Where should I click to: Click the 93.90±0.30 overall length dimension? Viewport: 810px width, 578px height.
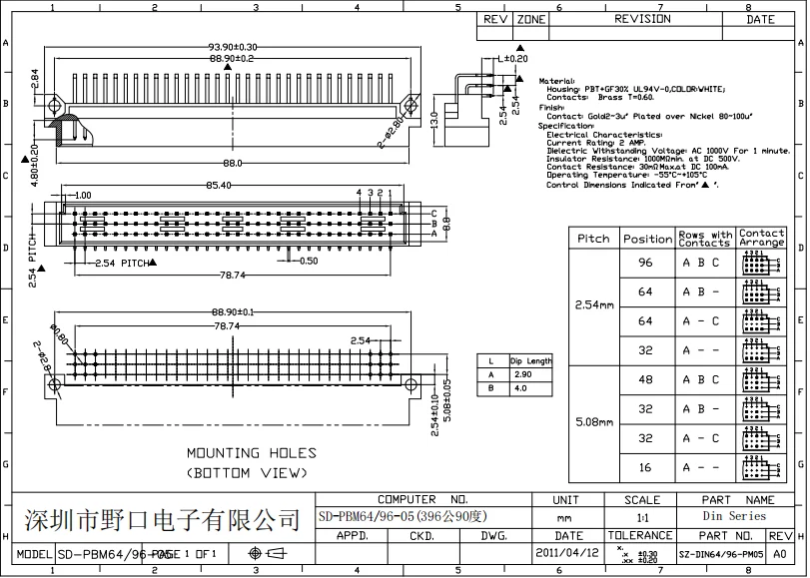[232, 47]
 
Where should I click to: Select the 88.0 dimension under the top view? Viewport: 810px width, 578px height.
[232, 163]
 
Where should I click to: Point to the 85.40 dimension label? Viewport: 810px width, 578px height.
[219, 185]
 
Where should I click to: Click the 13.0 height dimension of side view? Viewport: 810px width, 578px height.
[434, 121]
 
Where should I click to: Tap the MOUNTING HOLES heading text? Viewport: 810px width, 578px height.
[251, 453]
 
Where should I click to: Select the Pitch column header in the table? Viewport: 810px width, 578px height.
[593, 239]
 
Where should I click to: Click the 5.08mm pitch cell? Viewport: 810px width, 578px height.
[593, 422]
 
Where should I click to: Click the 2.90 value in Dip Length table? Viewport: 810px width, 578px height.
[521, 373]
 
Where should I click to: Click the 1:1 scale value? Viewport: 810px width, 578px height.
[641, 517]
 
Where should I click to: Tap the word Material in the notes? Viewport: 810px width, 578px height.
[556, 80]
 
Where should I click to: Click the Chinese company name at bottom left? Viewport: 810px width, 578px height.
[161, 519]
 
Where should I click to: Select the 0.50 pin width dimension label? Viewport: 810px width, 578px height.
[309, 261]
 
